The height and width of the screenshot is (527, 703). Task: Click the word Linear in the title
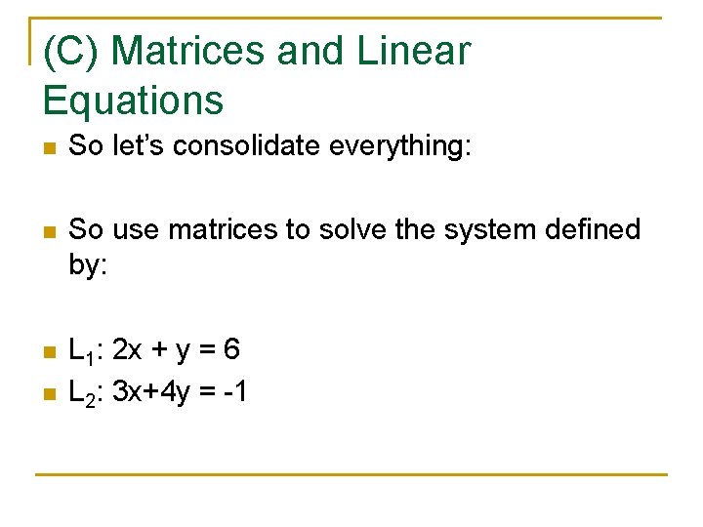tap(414, 51)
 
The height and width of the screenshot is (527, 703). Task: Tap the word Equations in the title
tap(134, 100)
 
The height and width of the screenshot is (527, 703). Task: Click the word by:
tap(88, 264)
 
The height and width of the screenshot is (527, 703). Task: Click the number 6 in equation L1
tap(231, 347)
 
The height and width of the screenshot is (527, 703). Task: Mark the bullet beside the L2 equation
tap(50, 393)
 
